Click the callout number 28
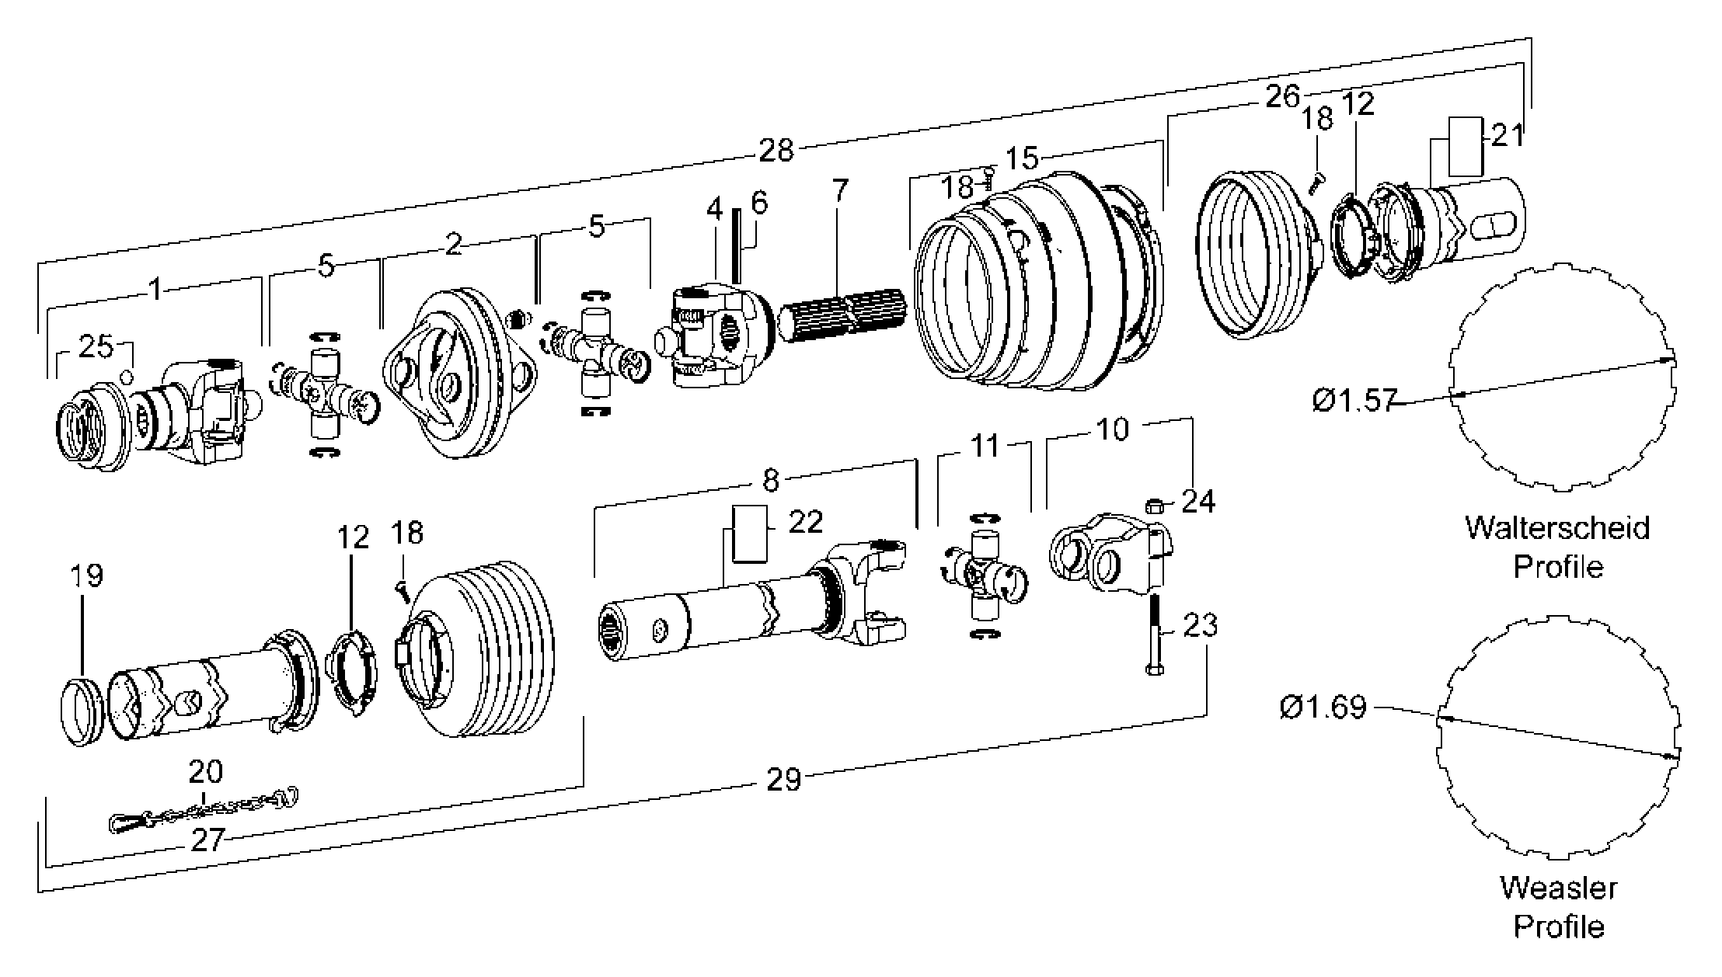tap(776, 149)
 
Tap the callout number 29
tap(783, 778)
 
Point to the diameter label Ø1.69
tap(1323, 707)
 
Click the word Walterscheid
tap(1557, 527)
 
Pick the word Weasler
tap(1559, 887)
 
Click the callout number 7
tap(840, 190)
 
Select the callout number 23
tap(1200, 624)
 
